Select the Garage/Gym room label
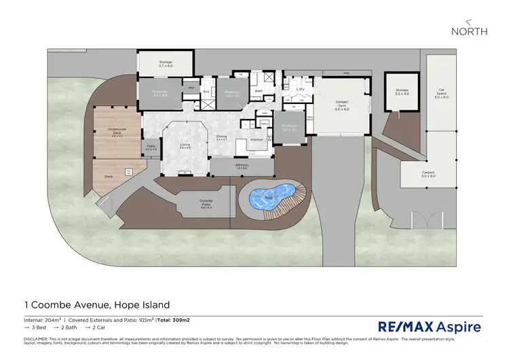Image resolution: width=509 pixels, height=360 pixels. pyautogui.click(x=341, y=106)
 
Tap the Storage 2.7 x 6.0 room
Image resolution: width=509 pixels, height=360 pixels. pyautogui.click(x=166, y=65)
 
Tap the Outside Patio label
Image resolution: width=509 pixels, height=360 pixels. pyautogui.click(x=207, y=202)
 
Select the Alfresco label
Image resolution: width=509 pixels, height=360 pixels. pyautogui.click(x=242, y=166)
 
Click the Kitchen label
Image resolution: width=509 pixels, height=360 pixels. pyautogui.click(x=257, y=139)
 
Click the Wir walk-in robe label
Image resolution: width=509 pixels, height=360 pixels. pyautogui.click(x=191, y=88)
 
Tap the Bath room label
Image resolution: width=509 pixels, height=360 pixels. pyautogui.click(x=259, y=90)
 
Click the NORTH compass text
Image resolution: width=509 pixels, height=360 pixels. pyautogui.click(x=469, y=31)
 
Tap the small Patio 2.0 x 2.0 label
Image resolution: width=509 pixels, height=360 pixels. pyautogui.click(x=151, y=147)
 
